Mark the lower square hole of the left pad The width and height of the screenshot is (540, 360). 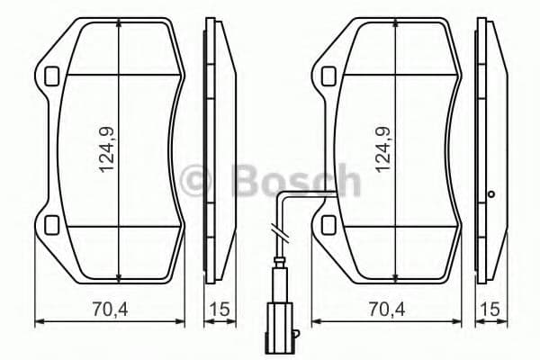click(x=51, y=224)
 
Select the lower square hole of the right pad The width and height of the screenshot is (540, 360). click(x=328, y=224)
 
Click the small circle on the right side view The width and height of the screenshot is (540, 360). click(x=490, y=193)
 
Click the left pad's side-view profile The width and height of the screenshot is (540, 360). click(x=212, y=148)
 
